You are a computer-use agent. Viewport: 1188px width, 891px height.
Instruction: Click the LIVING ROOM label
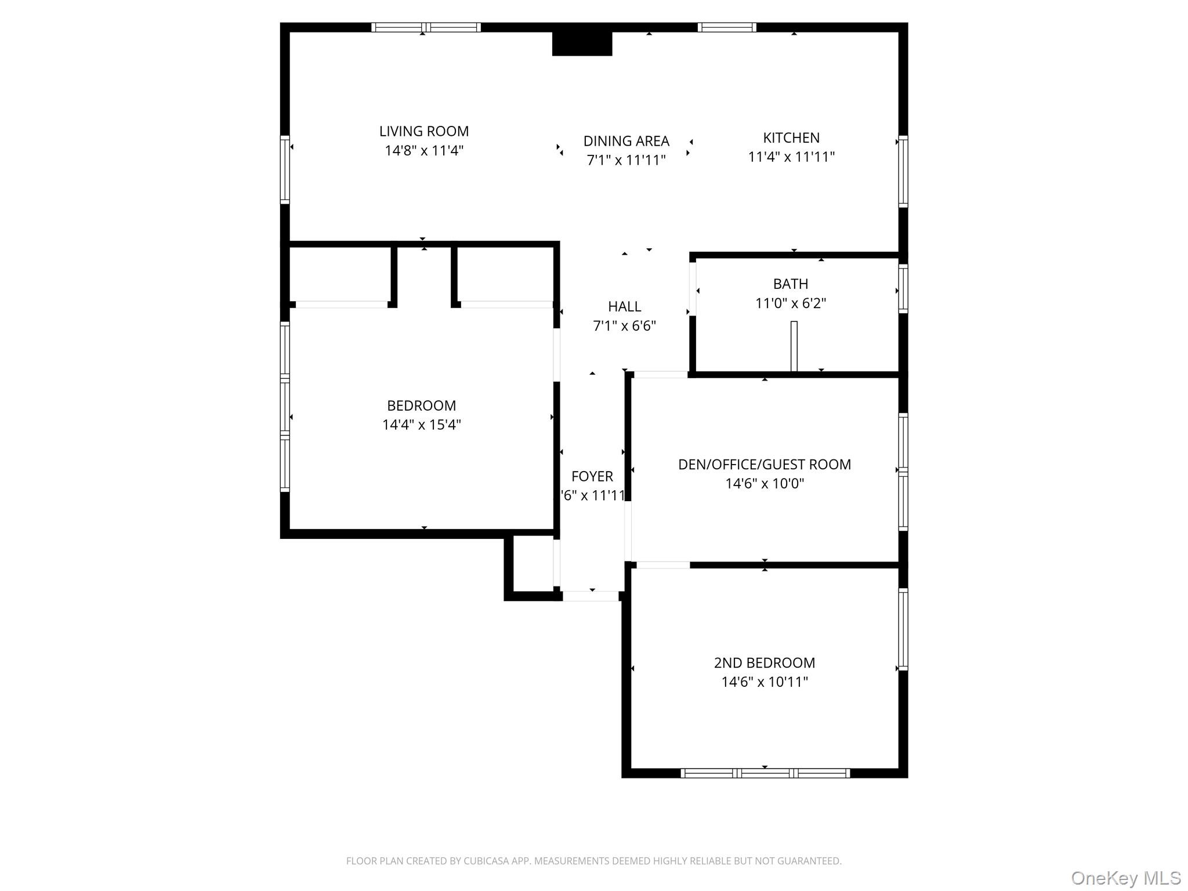click(423, 132)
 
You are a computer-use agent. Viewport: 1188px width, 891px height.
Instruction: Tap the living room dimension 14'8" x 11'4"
click(423, 151)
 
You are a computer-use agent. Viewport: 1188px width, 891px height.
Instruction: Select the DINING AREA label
click(626, 141)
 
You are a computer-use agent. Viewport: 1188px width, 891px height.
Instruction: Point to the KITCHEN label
click(791, 138)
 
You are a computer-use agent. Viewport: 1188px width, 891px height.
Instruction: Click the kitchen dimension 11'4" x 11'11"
click(791, 157)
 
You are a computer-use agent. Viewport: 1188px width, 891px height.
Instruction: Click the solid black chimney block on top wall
click(582, 44)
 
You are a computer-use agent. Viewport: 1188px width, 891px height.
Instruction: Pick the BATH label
click(790, 284)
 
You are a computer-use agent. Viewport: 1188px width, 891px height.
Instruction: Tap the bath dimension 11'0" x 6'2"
click(790, 303)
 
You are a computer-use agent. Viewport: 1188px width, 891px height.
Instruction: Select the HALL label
click(624, 306)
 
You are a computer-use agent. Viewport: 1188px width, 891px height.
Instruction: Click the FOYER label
click(592, 476)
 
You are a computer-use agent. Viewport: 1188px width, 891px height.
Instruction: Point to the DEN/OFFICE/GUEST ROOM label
click(764, 464)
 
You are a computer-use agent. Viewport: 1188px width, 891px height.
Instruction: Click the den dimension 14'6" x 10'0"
click(764, 483)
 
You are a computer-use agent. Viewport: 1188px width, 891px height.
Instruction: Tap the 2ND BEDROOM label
click(764, 662)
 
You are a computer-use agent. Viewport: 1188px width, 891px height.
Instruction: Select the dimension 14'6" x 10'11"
click(764, 682)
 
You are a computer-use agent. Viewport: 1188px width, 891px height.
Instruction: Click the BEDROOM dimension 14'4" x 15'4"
click(421, 425)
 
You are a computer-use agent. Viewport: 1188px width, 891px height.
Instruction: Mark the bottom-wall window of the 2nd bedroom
click(765, 773)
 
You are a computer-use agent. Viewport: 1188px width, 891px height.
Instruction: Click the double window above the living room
click(426, 27)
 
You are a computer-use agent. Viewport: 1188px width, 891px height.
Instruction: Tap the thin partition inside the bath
click(794, 346)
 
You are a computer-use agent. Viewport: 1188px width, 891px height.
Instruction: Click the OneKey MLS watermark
click(1125, 878)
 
